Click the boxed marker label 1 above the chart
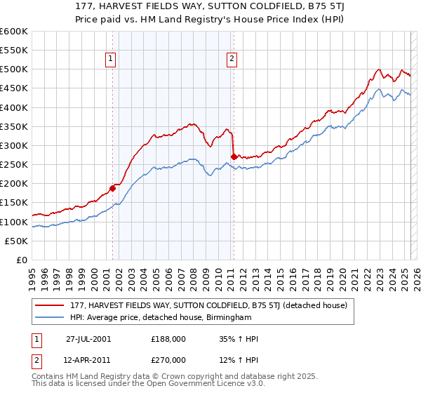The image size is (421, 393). pos(112,60)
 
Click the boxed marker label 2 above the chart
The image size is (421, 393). pos(231,60)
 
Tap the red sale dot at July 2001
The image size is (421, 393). pos(112,188)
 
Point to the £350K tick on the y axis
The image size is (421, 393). pos(15,126)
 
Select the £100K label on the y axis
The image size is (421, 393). pos(15,222)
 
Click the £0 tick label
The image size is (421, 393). pos(20,260)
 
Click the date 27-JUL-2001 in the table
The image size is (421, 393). pos(88,339)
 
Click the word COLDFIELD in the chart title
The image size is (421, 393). pos(262,6)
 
